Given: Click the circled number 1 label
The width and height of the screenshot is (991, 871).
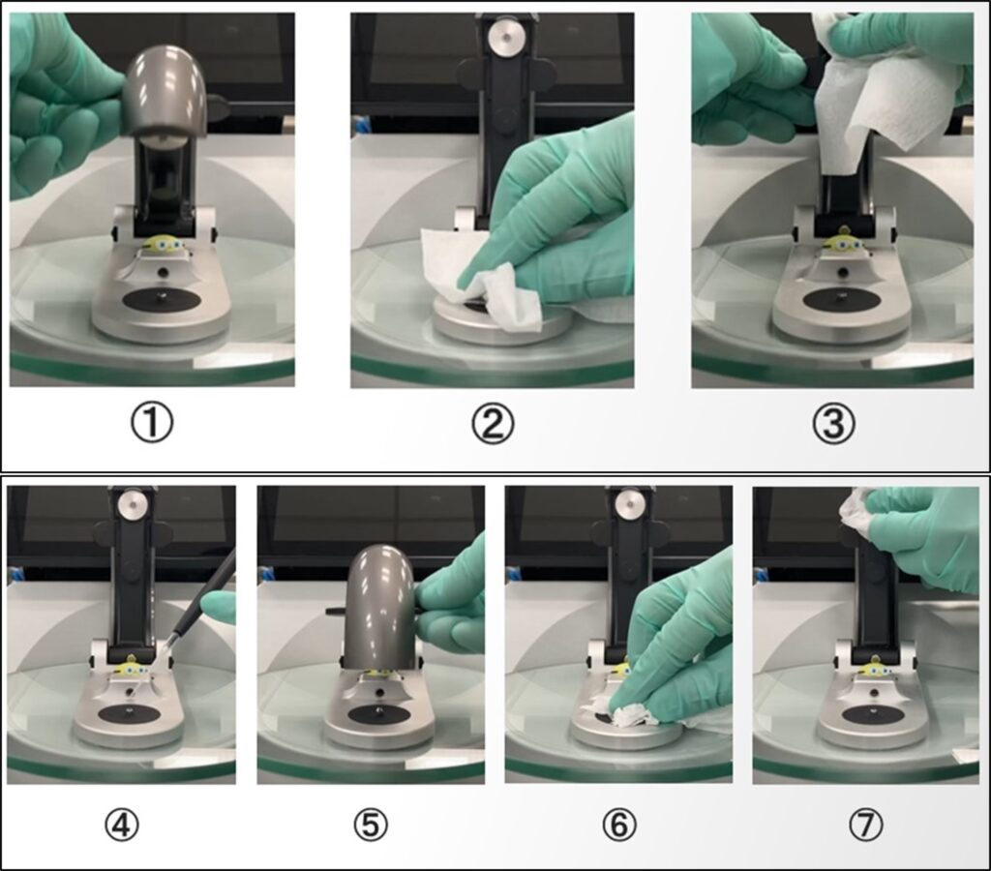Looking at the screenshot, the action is (152, 424).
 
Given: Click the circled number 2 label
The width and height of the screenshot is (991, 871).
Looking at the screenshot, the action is (493, 424).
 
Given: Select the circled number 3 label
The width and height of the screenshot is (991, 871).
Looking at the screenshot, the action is (833, 424).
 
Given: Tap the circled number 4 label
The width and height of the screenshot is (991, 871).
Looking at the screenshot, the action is (121, 825).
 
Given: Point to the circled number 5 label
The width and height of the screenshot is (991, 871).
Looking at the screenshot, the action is (371, 825).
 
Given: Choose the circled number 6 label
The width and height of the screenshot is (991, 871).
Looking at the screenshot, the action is (618, 825).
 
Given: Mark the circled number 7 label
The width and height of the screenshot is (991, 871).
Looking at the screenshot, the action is (866, 825).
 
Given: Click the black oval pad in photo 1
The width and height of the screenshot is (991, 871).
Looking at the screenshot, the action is (161, 301).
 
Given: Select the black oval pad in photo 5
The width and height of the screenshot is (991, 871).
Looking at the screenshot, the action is (378, 715).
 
